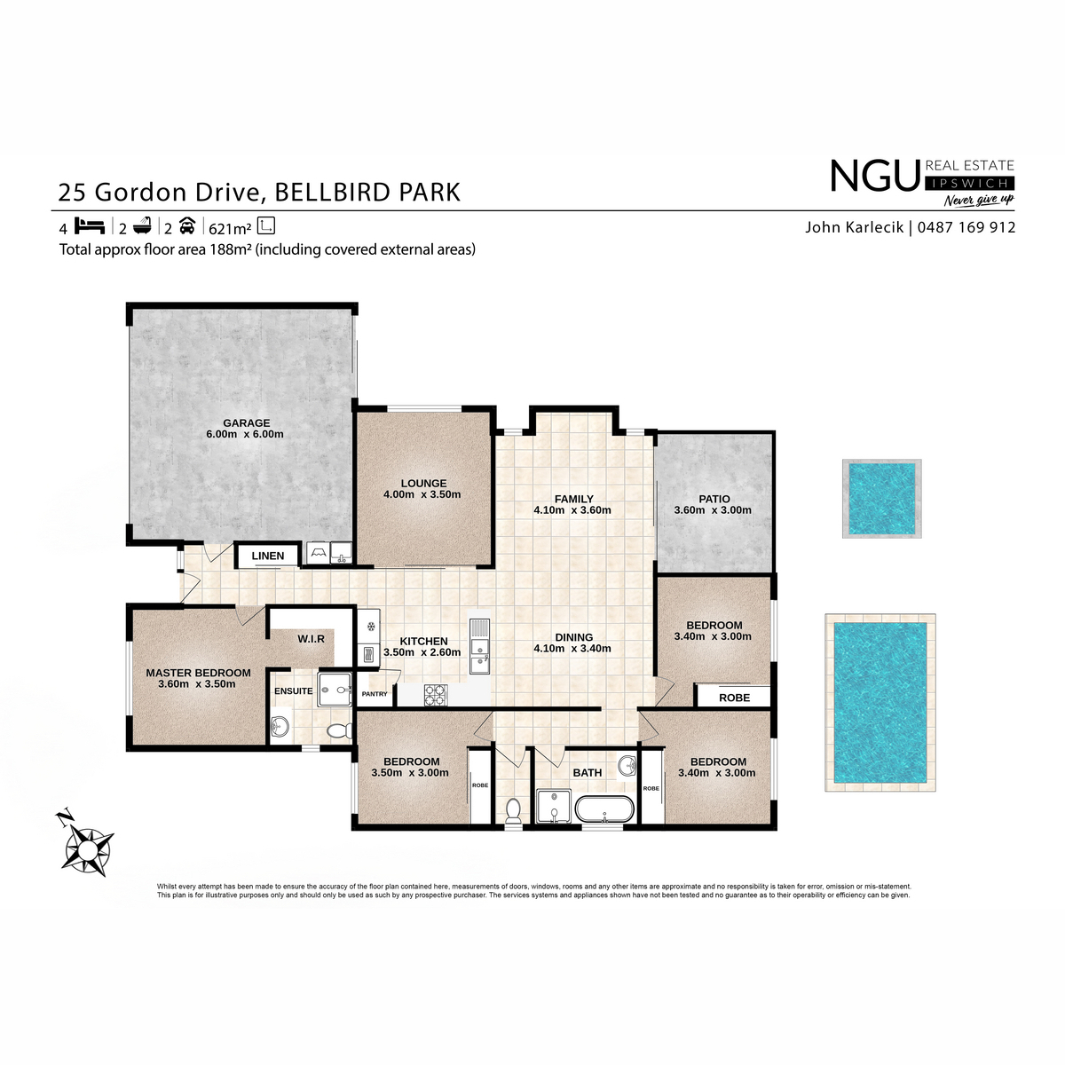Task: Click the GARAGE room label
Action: pyautogui.click(x=247, y=423)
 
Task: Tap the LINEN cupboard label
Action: pyautogui.click(x=268, y=556)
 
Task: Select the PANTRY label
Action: pyautogui.click(x=375, y=694)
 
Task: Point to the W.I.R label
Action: pyautogui.click(x=312, y=639)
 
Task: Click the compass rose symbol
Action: pyautogui.click(x=86, y=846)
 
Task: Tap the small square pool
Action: pyautogui.click(x=881, y=499)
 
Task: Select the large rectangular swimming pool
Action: pyautogui.click(x=880, y=702)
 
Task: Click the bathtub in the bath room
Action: pyautogui.click(x=604, y=809)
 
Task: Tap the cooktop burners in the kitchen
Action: pyautogui.click(x=436, y=695)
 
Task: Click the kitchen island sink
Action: pyautogui.click(x=480, y=646)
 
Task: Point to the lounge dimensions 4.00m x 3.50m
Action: pyautogui.click(x=422, y=494)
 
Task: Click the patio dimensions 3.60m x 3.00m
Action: pyautogui.click(x=713, y=510)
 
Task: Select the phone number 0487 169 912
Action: pyautogui.click(x=966, y=227)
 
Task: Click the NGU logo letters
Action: pyautogui.click(x=875, y=176)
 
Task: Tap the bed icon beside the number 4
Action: pyautogui.click(x=90, y=226)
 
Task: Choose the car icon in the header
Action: pyautogui.click(x=187, y=225)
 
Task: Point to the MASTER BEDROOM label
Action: pyautogui.click(x=199, y=673)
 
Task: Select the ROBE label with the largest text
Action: pyautogui.click(x=735, y=698)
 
